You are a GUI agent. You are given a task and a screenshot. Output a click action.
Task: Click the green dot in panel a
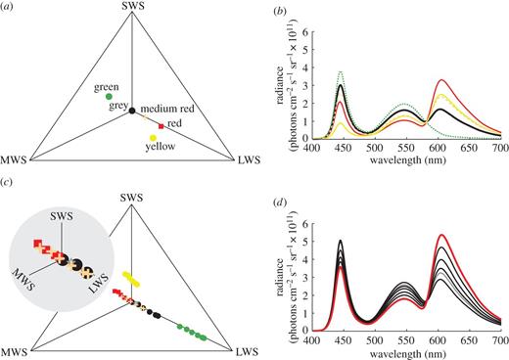(109, 96)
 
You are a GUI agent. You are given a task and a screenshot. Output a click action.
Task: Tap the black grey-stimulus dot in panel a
(131, 113)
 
